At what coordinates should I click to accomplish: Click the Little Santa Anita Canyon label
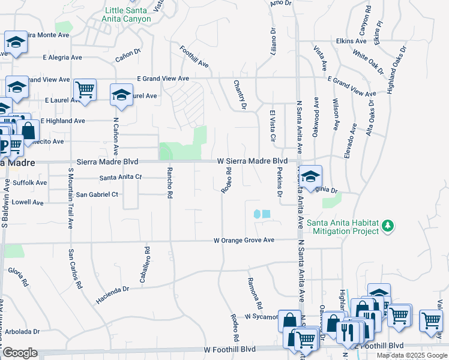tap(128, 14)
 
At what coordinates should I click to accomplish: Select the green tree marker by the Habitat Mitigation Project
tap(388, 226)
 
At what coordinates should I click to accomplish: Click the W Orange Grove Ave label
tap(244, 240)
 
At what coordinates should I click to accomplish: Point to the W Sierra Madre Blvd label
tap(253, 161)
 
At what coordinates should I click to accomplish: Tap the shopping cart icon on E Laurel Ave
tap(85, 90)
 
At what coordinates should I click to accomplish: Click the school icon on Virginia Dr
tap(310, 177)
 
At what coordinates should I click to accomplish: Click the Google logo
tap(20, 353)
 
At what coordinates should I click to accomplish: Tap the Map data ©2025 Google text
tap(412, 355)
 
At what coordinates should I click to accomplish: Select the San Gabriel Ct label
tap(97, 194)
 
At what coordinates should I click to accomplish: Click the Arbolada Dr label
tap(20, 331)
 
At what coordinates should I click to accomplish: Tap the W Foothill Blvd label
tap(230, 349)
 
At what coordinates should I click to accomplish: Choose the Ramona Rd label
tap(256, 290)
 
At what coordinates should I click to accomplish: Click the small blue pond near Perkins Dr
tap(262, 214)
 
